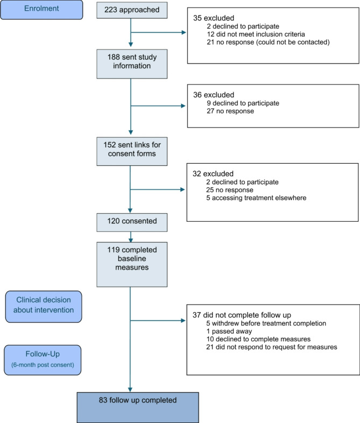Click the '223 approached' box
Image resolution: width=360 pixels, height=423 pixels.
[132, 10]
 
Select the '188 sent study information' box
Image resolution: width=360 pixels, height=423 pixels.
[132, 64]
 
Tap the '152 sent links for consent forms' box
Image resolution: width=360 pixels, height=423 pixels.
[132, 151]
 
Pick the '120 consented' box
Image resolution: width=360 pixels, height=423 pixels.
[132, 222]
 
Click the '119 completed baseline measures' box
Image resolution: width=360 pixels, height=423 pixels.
[132, 264]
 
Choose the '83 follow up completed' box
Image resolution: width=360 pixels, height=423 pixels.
[138, 407]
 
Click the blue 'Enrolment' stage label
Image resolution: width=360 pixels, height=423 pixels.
[41, 10]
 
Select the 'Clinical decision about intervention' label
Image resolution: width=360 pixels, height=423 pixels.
[44, 307]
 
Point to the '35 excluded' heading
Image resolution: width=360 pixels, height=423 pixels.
[214, 18]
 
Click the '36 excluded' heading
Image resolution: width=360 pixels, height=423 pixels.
[214, 95]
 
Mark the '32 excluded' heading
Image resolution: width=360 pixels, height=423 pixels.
[213, 174]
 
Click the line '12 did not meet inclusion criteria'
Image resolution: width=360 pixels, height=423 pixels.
[256, 34]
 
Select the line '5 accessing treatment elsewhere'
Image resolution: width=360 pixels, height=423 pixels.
[256, 198]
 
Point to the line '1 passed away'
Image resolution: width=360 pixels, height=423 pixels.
[229, 331]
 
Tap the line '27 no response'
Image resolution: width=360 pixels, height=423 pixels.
[230, 111]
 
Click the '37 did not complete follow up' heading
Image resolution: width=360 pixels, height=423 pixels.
[242, 315]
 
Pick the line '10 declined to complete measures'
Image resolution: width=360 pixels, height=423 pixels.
[258, 339]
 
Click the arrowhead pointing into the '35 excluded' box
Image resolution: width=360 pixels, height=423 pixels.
[184, 32]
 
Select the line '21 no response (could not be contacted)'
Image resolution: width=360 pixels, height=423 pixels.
[269, 43]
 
